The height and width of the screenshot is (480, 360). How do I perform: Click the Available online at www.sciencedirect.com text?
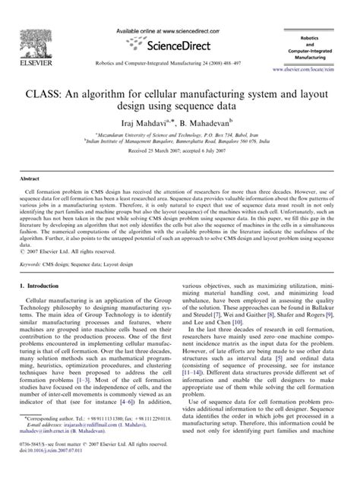[169, 29]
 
